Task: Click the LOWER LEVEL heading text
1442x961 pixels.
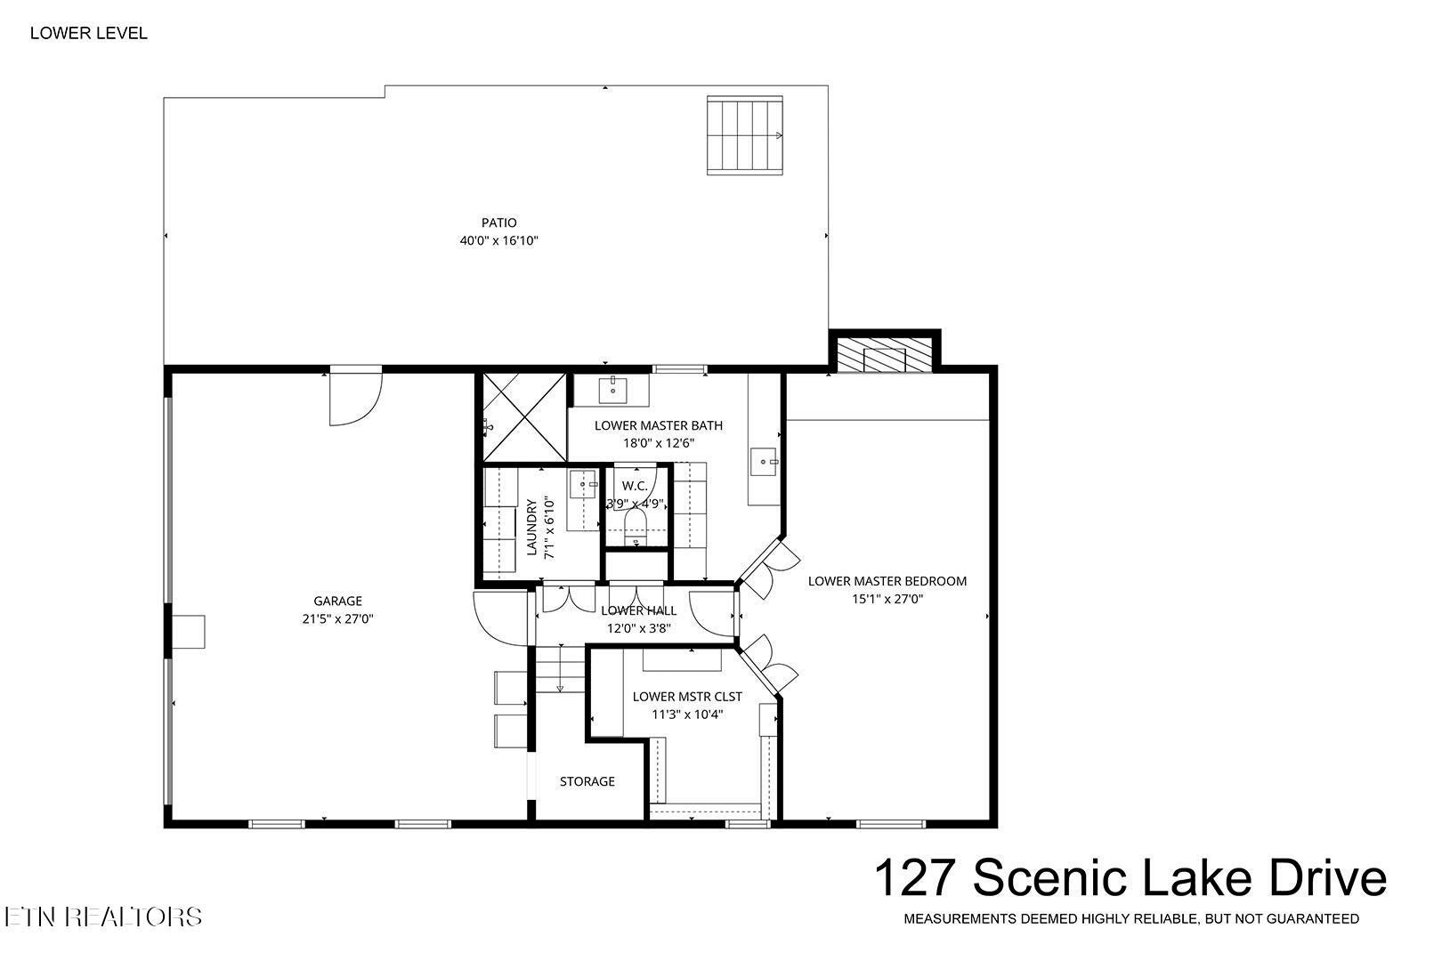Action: pyautogui.click(x=89, y=33)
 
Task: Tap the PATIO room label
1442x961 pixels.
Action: pyautogui.click(x=498, y=222)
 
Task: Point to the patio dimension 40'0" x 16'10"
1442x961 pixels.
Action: pyautogui.click(x=498, y=241)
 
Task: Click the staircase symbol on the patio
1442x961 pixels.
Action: pyautogui.click(x=745, y=135)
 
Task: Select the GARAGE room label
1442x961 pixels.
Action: pyautogui.click(x=338, y=602)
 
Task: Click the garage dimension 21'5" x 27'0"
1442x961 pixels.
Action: pyautogui.click(x=338, y=619)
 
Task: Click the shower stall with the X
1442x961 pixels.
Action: pyautogui.click(x=524, y=417)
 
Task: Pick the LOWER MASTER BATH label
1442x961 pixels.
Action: pyautogui.click(x=659, y=425)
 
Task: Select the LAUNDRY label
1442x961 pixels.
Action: pyautogui.click(x=531, y=527)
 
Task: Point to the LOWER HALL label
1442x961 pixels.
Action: pyautogui.click(x=638, y=610)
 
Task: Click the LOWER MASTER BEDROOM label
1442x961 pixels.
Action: pyautogui.click(x=887, y=581)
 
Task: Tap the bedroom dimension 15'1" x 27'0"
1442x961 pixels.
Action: pyautogui.click(x=887, y=599)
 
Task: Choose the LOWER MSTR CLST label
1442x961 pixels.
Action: pyautogui.click(x=687, y=697)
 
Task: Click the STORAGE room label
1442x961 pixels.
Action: pyautogui.click(x=587, y=781)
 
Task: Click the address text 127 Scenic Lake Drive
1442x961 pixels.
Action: pyautogui.click(x=1130, y=878)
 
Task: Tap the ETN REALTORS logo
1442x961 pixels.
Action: pyautogui.click(x=103, y=917)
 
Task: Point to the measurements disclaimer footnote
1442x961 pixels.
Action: pyautogui.click(x=1131, y=919)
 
